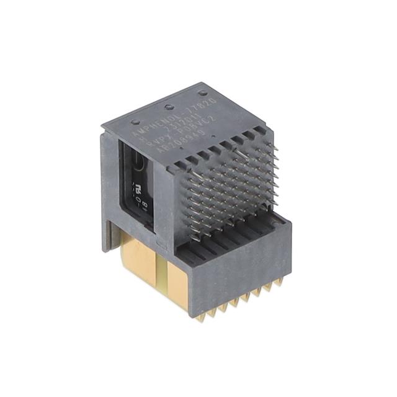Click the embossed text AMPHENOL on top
pos(151,124)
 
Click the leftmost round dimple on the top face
pos(136,122)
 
